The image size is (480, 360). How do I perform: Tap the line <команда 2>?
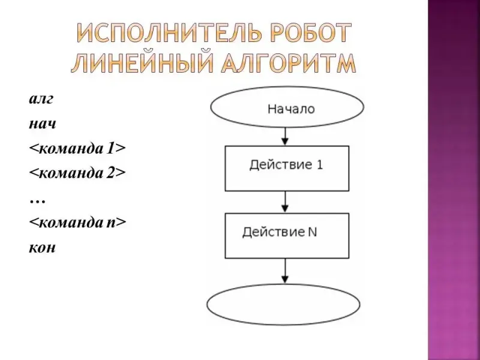[77, 173]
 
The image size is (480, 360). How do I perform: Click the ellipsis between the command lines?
[37, 198]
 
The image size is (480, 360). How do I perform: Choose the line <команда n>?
[77, 223]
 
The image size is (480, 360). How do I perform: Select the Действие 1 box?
[286, 168]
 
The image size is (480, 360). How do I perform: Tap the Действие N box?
[286, 235]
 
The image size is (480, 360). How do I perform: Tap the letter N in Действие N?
[312, 232]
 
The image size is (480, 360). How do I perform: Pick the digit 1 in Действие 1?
[319, 164]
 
